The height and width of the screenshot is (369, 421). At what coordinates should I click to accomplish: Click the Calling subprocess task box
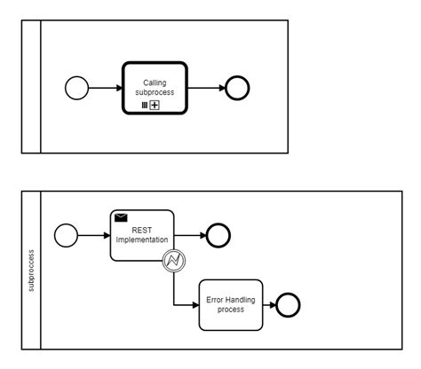[155, 87]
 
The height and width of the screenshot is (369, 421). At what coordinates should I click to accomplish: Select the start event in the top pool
[78, 88]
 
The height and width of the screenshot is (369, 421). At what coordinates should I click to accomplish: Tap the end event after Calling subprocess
[237, 88]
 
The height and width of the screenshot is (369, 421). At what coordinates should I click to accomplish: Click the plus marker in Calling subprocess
[155, 105]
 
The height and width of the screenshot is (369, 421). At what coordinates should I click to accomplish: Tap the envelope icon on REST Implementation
[122, 217]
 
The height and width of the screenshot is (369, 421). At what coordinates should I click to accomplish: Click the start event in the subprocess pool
[66, 236]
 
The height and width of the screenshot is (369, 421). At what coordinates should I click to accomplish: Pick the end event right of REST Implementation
[218, 236]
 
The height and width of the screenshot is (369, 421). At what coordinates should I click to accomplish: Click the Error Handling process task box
[230, 304]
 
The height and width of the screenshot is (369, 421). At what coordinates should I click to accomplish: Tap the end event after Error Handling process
[288, 304]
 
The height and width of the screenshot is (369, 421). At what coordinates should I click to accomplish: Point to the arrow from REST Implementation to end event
[188, 236]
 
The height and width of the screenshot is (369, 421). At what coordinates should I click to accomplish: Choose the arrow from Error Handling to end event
[268, 304]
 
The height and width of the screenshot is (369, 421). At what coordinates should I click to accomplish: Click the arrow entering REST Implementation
[93, 236]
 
